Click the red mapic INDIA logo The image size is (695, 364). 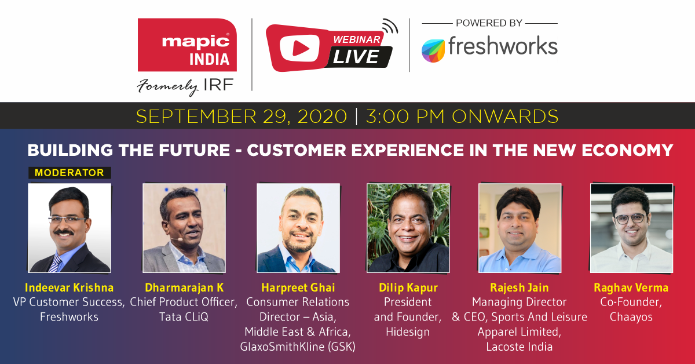[x=187, y=45]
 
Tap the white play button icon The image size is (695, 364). [x=299, y=48]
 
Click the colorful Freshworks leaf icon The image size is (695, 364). [x=433, y=51]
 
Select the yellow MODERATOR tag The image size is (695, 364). [x=69, y=173]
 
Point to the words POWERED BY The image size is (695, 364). [x=489, y=23]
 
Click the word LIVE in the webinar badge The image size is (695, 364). [x=356, y=57]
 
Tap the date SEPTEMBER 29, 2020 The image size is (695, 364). [x=242, y=117]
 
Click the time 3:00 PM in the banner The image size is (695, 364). [x=405, y=116]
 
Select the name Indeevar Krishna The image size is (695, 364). [x=69, y=287]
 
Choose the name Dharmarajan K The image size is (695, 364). [x=184, y=287]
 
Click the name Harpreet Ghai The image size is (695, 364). [x=298, y=287]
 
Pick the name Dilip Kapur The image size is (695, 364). [x=408, y=287]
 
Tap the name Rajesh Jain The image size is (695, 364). [x=520, y=287]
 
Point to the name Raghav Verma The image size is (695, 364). [x=631, y=287]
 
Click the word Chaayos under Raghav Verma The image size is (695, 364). [x=631, y=317]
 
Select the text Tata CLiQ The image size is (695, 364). [x=184, y=317]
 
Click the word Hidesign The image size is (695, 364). [x=408, y=332]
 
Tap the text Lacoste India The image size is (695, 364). [x=520, y=347]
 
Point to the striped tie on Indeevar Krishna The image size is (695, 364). [x=56, y=263]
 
